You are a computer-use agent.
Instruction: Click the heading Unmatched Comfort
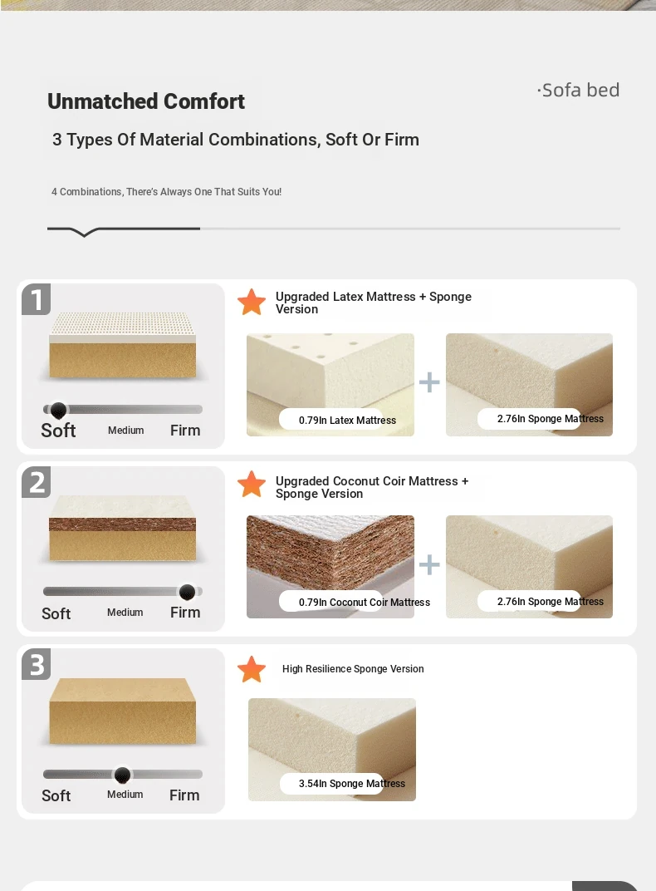[146, 101]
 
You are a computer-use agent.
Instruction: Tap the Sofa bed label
[578, 91]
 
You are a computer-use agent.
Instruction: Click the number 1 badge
[37, 299]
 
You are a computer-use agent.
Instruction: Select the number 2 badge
[37, 482]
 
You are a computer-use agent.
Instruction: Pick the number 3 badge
[37, 664]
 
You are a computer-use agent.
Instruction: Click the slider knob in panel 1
[58, 410]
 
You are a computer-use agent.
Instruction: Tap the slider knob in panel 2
[187, 592]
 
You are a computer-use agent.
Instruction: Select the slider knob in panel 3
[122, 775]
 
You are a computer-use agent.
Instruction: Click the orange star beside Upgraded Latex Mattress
[252, 302]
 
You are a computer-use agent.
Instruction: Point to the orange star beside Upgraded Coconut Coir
[252, 484]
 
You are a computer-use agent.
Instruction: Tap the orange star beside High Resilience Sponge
[252, 669]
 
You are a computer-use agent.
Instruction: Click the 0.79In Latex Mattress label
[347, 421]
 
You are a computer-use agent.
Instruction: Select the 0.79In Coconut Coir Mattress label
[365, 603]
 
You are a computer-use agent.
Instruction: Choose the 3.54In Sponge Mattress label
[352, 784]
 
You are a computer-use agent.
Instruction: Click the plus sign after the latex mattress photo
[429, 382]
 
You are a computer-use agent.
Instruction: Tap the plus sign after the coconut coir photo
[429, 565]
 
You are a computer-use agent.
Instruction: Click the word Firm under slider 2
[185, 613]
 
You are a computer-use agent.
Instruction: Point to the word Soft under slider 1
[58, 431]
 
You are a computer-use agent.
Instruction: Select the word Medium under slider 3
[125, 795]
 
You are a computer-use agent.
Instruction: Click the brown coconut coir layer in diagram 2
[123, 524]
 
